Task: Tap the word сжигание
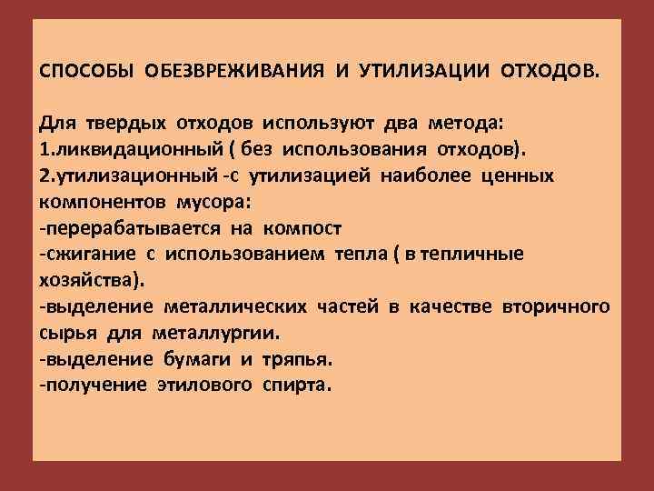point(79,252)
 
